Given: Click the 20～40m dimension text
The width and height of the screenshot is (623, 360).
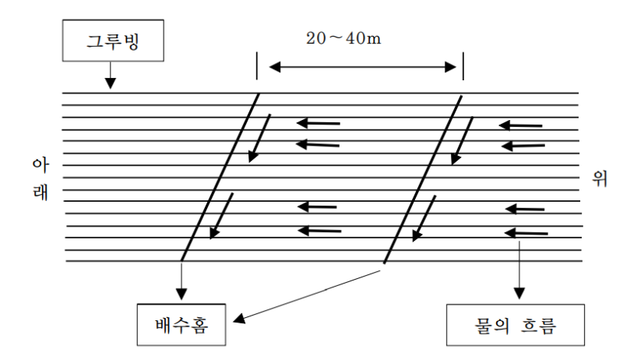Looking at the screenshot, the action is tap(343, 38).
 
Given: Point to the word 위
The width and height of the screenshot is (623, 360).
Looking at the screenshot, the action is tap(600, 178).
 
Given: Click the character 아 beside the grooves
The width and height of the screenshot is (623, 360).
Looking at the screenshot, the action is tap(40, 164).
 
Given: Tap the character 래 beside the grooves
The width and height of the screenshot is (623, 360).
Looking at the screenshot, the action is tap(40, 192).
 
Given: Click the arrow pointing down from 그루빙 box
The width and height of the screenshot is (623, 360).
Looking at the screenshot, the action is tap(110, 75).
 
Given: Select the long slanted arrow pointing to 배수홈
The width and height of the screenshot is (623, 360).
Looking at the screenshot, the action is tap(307, 296).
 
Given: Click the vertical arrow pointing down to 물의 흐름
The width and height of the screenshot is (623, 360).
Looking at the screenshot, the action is tap(519, 270).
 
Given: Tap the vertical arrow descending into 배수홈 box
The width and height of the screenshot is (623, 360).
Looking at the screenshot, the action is tap(181, 281).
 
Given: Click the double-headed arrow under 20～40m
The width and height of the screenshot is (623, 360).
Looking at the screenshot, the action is tap(362, 67).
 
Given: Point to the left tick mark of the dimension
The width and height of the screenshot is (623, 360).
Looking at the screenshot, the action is tap(257, 65).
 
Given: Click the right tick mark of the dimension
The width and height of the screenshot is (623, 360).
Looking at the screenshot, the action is tap(463, 65).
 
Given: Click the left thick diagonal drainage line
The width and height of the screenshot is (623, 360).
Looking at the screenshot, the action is tap(220, 177).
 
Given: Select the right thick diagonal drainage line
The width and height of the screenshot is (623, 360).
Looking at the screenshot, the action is tap(423, 179).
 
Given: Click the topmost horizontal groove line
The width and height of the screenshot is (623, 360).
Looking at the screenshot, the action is tap(320, 93).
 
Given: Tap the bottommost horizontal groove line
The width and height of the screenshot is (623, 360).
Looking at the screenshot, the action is tap(324, 261).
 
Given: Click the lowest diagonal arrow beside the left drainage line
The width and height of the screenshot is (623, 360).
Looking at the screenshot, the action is tap(221, 216).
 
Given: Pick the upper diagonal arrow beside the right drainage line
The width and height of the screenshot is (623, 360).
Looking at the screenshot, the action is tap(462, 141).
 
